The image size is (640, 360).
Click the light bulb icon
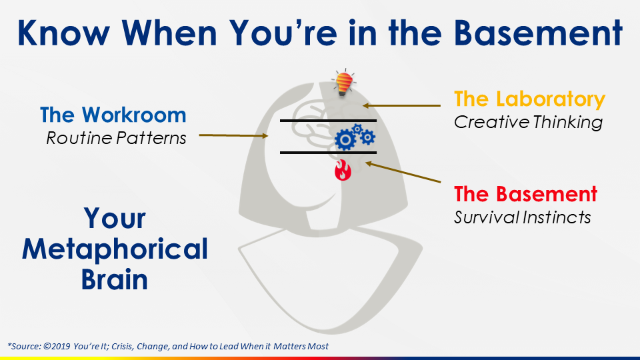coord(343,83)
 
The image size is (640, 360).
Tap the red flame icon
coord(343,171)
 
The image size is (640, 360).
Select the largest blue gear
coord(345,139)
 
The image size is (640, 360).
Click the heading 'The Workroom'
coord(113,115)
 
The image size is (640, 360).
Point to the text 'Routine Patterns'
coord(117,138)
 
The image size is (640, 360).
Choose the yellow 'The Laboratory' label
coord(529,99)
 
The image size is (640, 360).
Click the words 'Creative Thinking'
coord(528,122)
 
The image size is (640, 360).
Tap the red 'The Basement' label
coord(525,194)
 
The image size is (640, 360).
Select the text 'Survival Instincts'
coord(522,217)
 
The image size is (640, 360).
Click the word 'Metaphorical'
coord(115,249)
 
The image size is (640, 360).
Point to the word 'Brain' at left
coord(115,279)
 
